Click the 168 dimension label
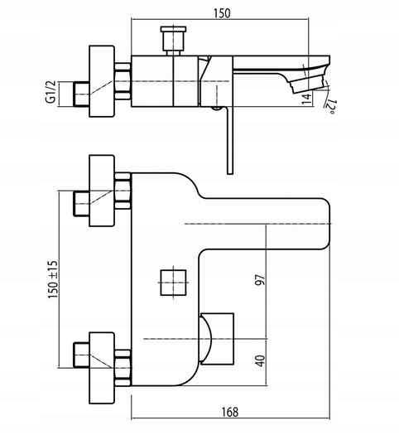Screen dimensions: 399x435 click(229, 412)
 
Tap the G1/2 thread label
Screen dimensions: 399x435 click(51, 92)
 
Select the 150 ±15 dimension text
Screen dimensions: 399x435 click(53, 279)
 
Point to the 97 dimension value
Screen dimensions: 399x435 click(260, 280)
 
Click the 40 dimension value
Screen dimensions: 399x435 click(260, 360)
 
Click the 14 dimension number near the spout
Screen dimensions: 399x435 click(306, 99)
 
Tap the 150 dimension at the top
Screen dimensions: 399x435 click(222, 13)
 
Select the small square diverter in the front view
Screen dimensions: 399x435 click(173, 283)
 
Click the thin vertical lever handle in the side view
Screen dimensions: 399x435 click(230, 140)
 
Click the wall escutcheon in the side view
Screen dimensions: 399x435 click(102, 81)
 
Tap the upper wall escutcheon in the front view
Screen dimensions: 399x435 click(102, 191)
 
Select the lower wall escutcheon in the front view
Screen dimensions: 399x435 click(102, 368)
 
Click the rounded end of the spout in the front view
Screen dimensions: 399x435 click(326, 224)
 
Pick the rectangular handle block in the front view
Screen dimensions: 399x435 click(217, 339)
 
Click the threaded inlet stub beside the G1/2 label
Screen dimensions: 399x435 click(81, 94)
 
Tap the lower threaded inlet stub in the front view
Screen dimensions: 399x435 click(81, 355)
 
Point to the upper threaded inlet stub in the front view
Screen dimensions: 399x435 click(81, 204)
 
